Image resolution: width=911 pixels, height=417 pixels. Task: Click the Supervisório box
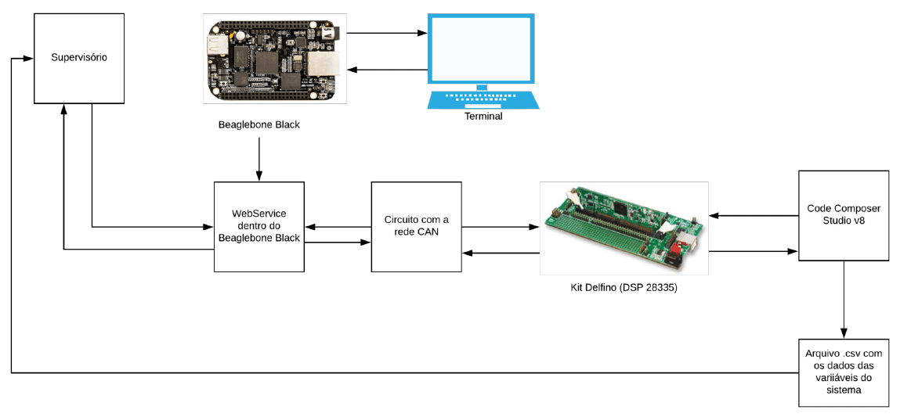(79, 59)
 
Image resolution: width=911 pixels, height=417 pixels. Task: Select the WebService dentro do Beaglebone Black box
(259, 227)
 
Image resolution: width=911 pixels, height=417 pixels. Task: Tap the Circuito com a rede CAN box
(417, 227)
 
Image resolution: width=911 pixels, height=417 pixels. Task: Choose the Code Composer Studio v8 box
(844, 216)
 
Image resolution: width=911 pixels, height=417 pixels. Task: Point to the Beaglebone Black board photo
(275, 59)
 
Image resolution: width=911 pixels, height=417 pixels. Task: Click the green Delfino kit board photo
(624, 228)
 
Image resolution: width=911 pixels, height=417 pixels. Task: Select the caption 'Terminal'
(483, 117)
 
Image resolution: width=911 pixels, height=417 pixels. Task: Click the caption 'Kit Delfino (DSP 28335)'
(624, 286)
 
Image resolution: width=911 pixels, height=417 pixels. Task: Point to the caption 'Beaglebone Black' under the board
(259, 124)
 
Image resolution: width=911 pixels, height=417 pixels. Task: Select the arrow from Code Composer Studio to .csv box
(844, 300)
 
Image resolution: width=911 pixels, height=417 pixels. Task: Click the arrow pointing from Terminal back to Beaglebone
(388, 70)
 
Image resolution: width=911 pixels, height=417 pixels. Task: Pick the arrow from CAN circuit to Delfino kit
(501, 227)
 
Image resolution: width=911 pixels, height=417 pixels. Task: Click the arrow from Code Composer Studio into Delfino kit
(754, 216)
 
